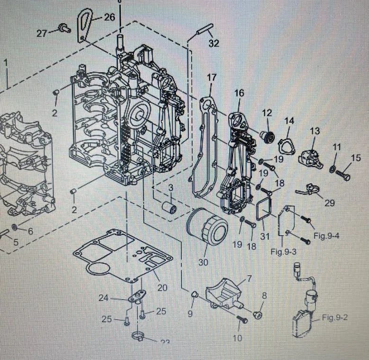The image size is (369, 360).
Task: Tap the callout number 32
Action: click(x=214, y=44)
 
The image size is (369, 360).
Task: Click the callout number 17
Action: click(x=211, y=77)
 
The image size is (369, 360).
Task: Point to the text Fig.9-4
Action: click(x=326, y=236)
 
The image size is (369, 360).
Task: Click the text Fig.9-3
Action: click(x=284, y=251)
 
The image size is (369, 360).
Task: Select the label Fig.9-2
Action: click(x=334, y=317)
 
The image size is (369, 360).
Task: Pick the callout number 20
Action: click(x=162, y=287)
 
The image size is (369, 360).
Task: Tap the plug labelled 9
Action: click(x=193, y=296)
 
